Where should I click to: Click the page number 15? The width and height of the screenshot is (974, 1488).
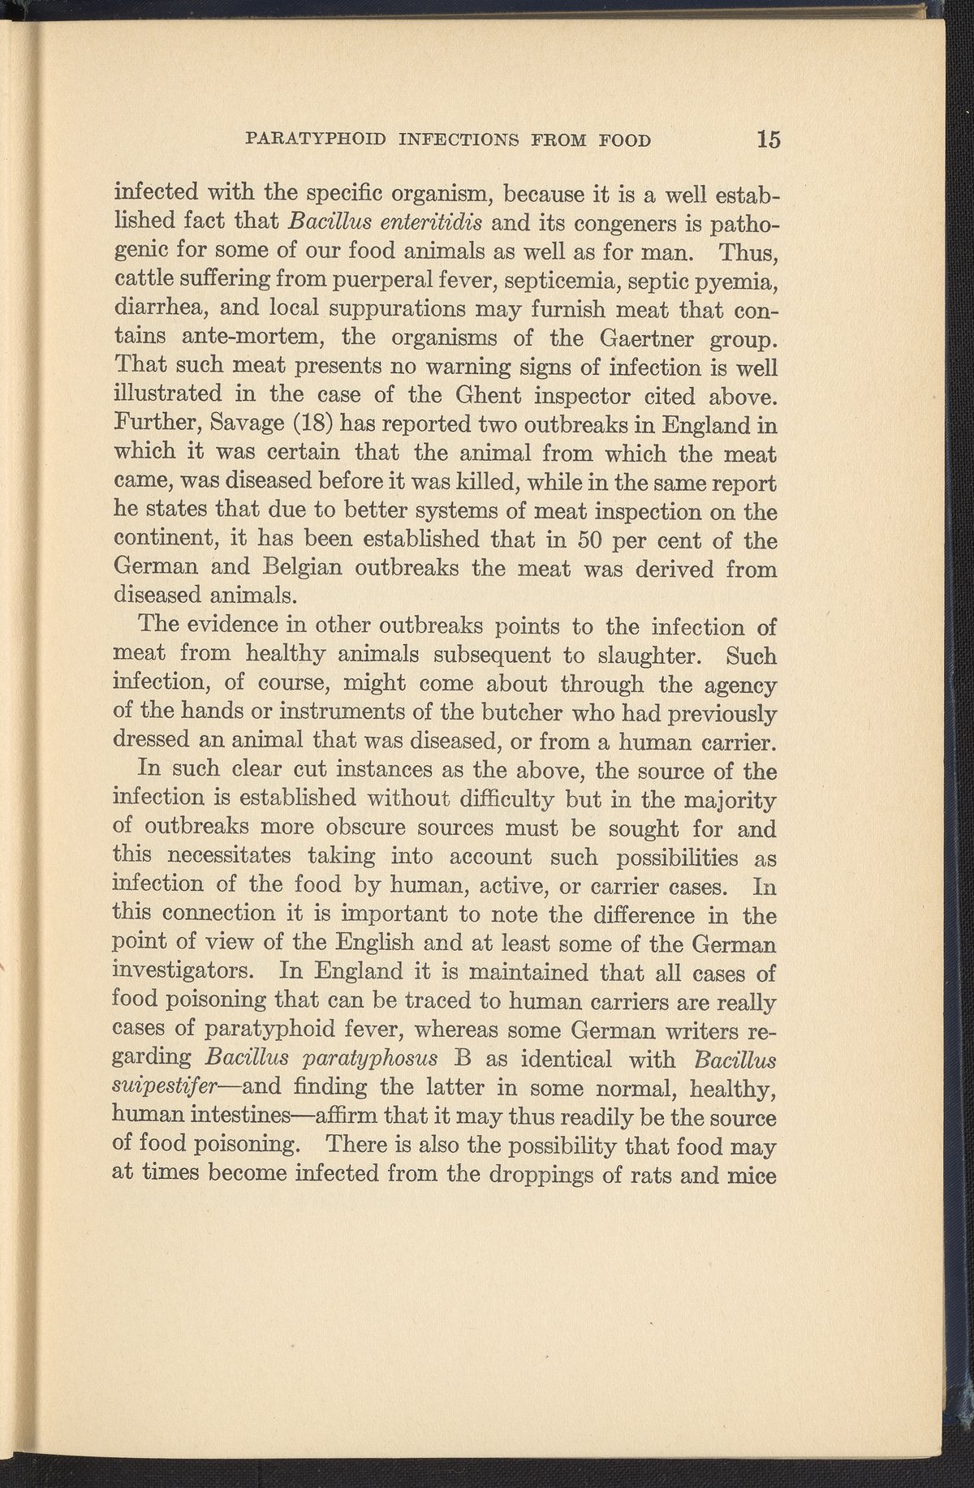pos(768,140)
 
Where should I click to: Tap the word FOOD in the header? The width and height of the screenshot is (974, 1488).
pos(624,140)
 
